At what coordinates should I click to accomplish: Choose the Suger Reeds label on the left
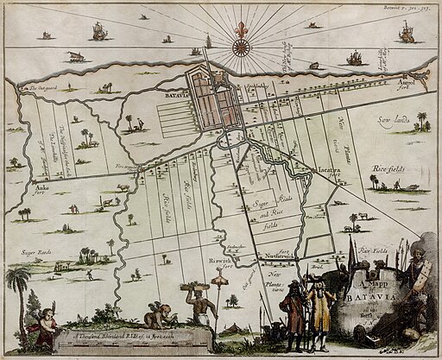[x=35, y=253]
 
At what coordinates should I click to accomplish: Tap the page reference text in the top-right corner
[x=411, y=6]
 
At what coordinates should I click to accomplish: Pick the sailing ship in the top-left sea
[x=99, y=31]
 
